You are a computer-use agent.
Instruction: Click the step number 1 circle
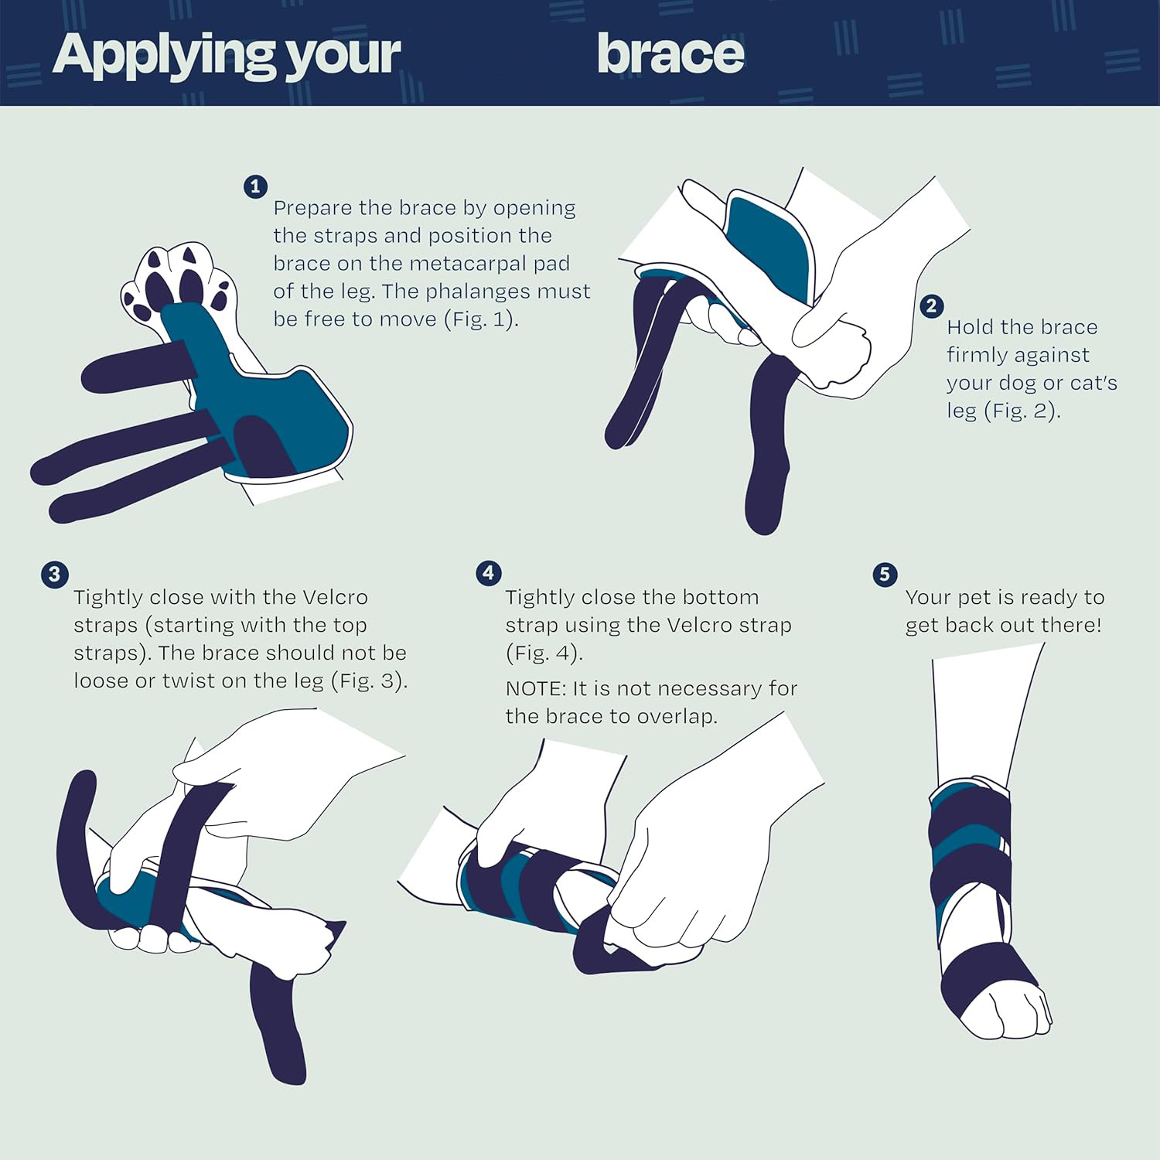(255, 186)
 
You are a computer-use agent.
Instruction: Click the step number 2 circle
(931, 305)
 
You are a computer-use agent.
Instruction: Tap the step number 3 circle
(54, 575)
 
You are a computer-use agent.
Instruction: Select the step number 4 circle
(488, 573)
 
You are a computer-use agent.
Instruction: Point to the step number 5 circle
(885, 575)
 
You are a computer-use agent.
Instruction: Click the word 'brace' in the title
(670, 53)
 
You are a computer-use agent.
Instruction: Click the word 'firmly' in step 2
(1018, 355)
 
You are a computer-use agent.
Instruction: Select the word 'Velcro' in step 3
(334, 598)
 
